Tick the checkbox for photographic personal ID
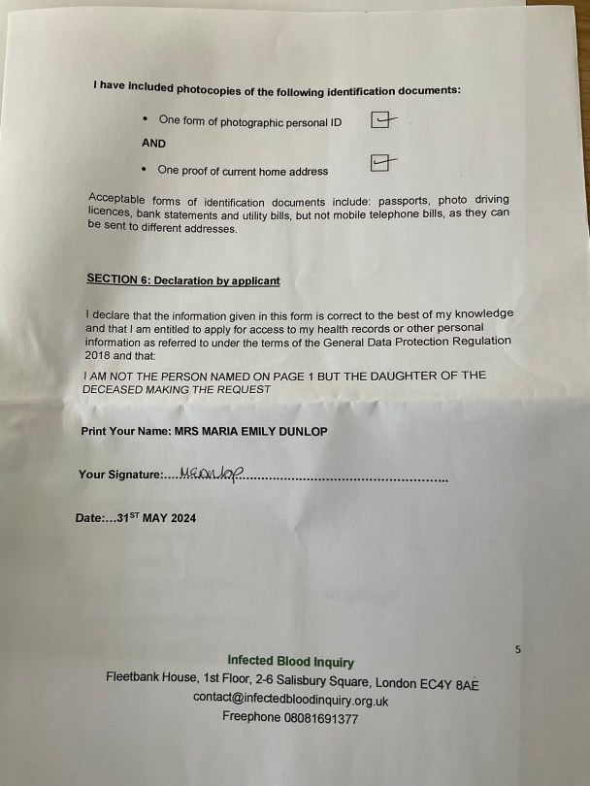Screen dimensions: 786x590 tap(382, 120)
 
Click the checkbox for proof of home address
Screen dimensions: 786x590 tap(382, 164)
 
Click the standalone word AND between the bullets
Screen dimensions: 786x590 tap(153, 144)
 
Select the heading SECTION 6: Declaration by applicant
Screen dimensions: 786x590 tap(182, 280)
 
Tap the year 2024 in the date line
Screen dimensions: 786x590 tap(182, 518)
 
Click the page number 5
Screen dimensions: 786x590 tap(518, 649)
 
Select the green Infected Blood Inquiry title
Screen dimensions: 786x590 tap(290, 662)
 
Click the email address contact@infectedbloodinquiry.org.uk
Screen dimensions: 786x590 tap(290, 700)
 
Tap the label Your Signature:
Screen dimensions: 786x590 tap(120, 475)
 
